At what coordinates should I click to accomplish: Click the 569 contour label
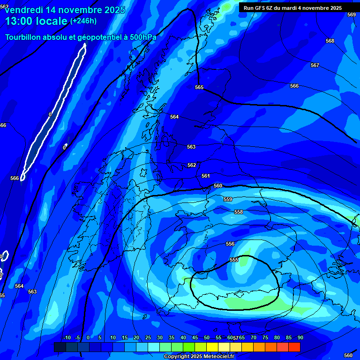[351, 15]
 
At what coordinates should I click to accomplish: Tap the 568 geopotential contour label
[330, 41]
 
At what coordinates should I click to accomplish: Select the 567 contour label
[315, 65]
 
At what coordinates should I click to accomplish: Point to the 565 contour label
[199, 87]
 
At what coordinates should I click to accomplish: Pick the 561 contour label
[206, 176]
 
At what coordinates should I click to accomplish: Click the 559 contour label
[228, 199]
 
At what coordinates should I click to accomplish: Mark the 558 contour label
[239, 212]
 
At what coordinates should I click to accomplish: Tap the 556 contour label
[230, 244]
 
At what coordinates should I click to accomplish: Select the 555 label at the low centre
[234, 260]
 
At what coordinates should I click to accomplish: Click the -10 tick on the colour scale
[67, 338]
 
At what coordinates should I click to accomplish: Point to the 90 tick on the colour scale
[300, 338]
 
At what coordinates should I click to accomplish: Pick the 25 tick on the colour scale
[148, 338]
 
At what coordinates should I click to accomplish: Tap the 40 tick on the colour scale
[183, 338]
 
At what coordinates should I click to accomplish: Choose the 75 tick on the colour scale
[265, 338]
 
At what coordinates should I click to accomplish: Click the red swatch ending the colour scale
[294, 347]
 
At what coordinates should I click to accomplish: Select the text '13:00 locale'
[36, 21]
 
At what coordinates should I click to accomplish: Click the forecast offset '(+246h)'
[83, 21]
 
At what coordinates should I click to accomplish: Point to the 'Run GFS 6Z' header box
[292, 8]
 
